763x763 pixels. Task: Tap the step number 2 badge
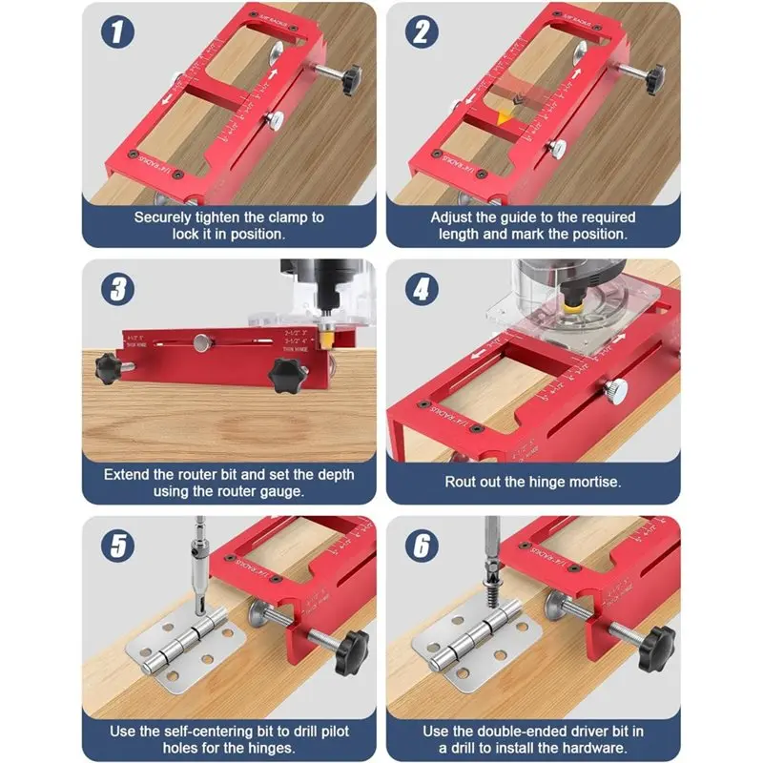421,35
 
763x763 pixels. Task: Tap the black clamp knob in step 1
355,73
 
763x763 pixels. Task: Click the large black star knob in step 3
285,371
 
